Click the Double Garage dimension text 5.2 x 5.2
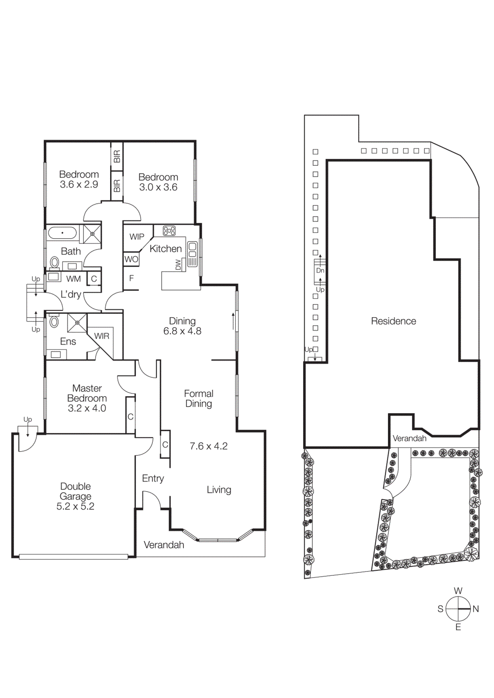point(75,506)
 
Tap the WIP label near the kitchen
point(137,237)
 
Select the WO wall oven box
point(131,259)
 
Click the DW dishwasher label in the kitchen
point(178,264)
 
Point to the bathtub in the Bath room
point(62,233)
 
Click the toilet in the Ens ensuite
point(54,322)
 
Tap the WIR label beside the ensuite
point(102,336)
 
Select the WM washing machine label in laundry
point(73,279)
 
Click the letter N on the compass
point(476,609)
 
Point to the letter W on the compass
point(458,591)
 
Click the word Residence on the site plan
point(393,321)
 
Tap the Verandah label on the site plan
point(409,438)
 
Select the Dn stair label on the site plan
point(320,270)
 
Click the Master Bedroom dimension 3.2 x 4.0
point(87,408)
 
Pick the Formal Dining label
point(199,399)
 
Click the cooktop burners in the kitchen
point(169,230)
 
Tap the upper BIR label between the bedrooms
point(117,157)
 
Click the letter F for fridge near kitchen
point(131,278)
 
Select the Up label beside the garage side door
point(28,420)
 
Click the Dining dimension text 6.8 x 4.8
point(182,331)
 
